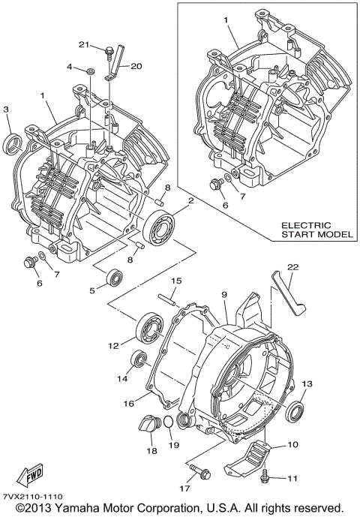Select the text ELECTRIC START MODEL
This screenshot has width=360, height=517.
[x=316, y=230]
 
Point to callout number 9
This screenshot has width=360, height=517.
[x=222, y=296]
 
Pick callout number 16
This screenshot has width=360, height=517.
[x=129, y=403]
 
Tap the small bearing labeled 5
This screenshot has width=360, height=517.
[x=115, y=277]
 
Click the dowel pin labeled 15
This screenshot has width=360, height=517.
[x=171, y=302]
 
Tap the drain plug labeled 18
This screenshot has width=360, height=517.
[x=151, y=425]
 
